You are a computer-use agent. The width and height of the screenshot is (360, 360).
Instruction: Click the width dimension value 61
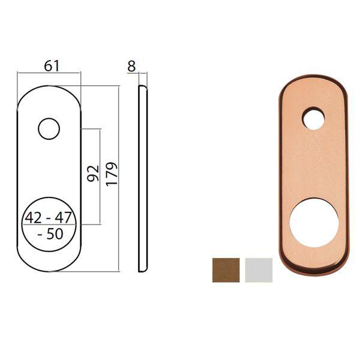pos(52,65)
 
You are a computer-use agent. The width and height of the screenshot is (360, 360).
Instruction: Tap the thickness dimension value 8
pos(131,66)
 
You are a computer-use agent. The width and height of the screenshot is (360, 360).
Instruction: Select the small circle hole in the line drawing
pos(49,128)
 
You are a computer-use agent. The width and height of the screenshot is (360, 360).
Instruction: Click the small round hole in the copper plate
pos(313,118)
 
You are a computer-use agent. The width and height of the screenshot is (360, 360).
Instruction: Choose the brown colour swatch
pos(226,269)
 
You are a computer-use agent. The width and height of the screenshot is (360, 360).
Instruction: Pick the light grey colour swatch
pos(259,269)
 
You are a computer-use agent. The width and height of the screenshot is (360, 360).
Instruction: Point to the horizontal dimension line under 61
pos(49,73)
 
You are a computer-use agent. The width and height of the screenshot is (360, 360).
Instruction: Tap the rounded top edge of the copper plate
pos(313,79)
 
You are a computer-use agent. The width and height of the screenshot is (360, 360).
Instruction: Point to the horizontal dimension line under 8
pos(143,73)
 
